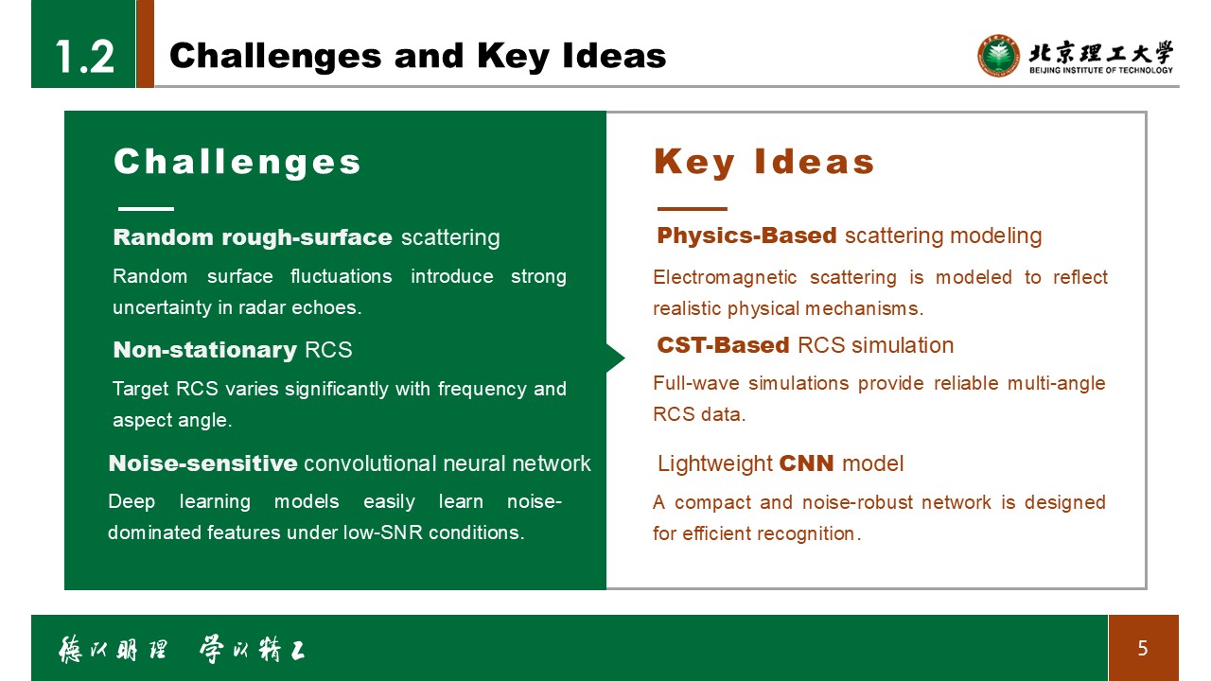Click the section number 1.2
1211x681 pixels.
point(85,56)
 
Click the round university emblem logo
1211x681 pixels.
point(998,56)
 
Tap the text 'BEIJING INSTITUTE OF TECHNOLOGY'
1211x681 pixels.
point(1101,70)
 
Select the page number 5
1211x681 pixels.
point(1142,648)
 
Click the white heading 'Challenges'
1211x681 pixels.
point(237,162)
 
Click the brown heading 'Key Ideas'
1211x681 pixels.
point(763,162)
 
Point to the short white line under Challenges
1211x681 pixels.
point(146,209)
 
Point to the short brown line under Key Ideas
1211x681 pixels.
point(692,209)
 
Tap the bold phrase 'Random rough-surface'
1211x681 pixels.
point(253,237)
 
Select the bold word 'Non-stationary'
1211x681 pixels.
point(205,350)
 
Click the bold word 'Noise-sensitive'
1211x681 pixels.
point(202,463)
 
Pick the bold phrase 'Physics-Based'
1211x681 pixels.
point(746,236)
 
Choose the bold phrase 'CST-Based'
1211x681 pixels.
point(723,345)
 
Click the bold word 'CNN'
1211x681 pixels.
point(806,463)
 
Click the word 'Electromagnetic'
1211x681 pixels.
point(725,278)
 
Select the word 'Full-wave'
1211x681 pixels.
point(696,383)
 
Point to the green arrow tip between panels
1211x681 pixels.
point(624,358)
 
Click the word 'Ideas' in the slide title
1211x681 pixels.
point(614,56)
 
